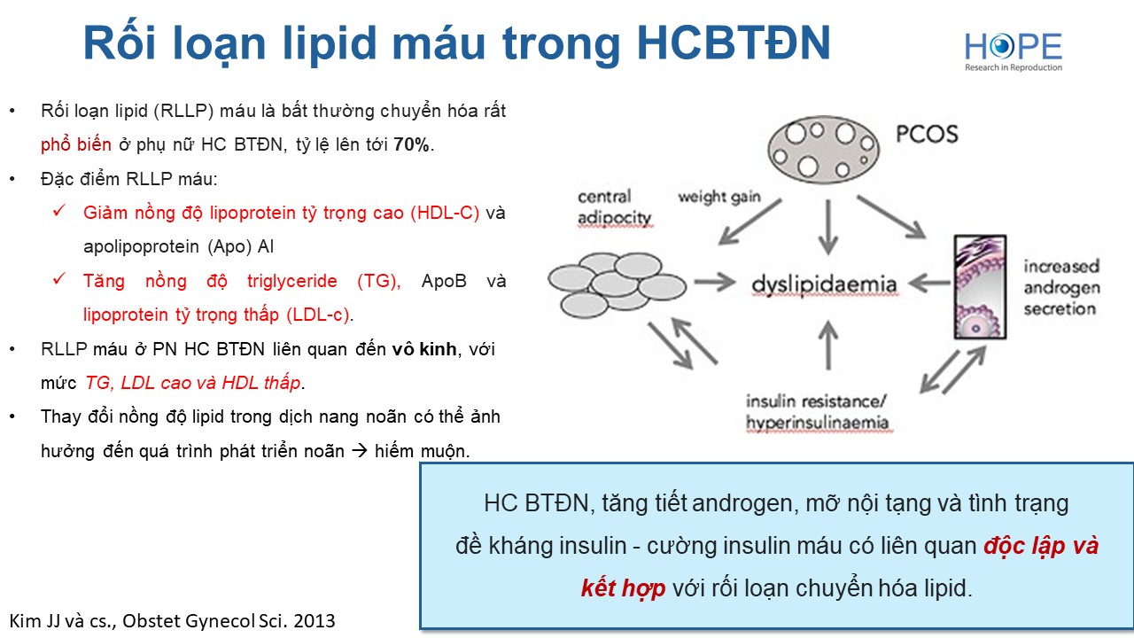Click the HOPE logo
click(x=1013, y=51)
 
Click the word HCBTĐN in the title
click(x=734, y=43)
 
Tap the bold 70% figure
click(x=411, y=144)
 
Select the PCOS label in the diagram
click(x=927, y=134)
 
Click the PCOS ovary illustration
click(x=824, y=150)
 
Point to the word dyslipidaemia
click(x=824, y=284)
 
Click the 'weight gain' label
click(x=719, y=197)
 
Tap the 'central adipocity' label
click(x=614, y=207)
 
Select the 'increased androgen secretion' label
click(x=1061, y=288)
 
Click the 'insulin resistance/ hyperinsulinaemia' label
click(x=817, y=412)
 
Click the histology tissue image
click(x=980, y=287)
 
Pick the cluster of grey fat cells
click(x=617, y=285)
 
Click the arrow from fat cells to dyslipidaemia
click(x=714, y=282)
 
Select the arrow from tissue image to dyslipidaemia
click(x=929, y=283)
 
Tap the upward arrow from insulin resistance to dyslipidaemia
click(x=828, y=346)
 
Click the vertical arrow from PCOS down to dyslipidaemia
click(x=828, y=227)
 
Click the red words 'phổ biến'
click(x=76, y=144)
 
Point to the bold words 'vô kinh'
click(x=424, y=349)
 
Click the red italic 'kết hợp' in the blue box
click(x=623, y=588)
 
